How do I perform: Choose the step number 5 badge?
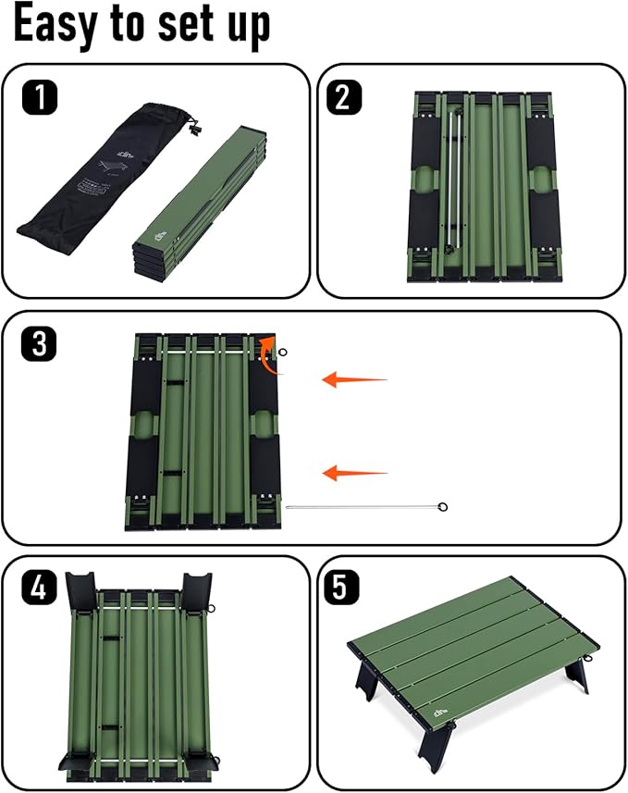point(343,589)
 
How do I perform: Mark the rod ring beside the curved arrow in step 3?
point(284,352)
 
